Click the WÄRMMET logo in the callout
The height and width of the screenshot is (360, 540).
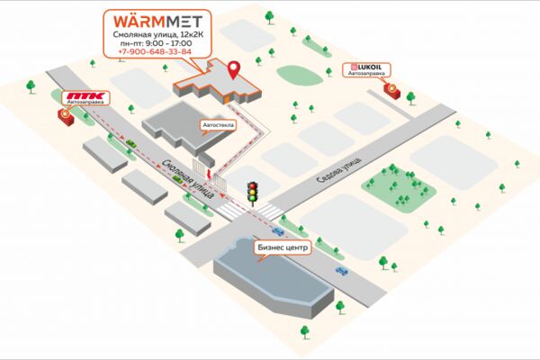[157, 22]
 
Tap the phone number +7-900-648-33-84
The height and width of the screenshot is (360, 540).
[155, 51]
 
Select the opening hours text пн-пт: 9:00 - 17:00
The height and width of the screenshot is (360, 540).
[157, 43]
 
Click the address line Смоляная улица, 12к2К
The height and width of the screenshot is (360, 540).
[157, 35]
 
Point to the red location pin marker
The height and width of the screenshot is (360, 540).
[235, 70]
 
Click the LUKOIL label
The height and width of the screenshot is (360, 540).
[367, 67]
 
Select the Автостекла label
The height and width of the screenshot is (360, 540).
[219, 125]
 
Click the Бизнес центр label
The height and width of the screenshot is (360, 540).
[283, 247]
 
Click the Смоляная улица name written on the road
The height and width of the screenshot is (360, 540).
[187, 178]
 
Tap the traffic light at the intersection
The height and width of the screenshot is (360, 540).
[253, 193]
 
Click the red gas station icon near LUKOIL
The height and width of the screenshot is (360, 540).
[392, 90]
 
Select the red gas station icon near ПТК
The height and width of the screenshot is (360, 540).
[65, 116]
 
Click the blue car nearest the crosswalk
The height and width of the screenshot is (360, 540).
[278, 231]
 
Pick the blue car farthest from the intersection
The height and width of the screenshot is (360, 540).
[342, 271]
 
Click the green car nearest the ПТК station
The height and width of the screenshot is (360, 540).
[130, 144]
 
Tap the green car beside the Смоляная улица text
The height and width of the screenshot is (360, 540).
[177, 178]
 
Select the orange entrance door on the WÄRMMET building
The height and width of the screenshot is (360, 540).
[228, 100]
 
